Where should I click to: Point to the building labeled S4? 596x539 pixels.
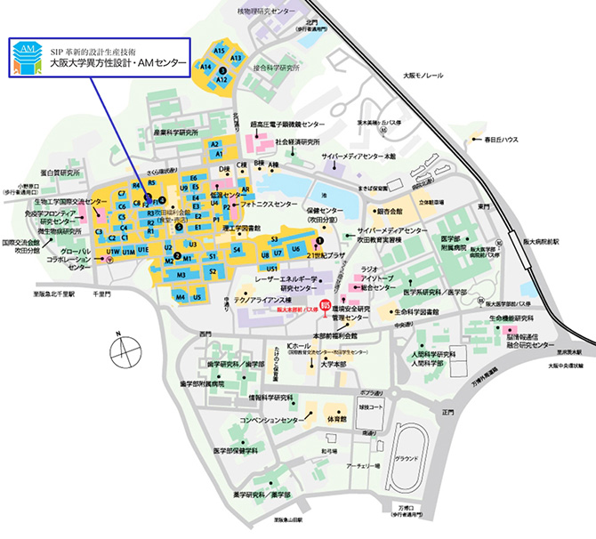coord(237,251)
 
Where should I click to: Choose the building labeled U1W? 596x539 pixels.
coord(114,252)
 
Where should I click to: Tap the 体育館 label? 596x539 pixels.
coord(335,417)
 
